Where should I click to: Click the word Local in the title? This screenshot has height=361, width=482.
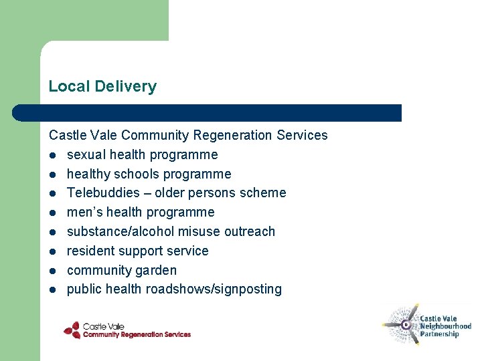(x=70, y=86)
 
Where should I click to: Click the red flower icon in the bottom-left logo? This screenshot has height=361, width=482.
(x=72, y=330)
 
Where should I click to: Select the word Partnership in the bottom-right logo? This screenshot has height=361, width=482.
(x=439, y=334)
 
